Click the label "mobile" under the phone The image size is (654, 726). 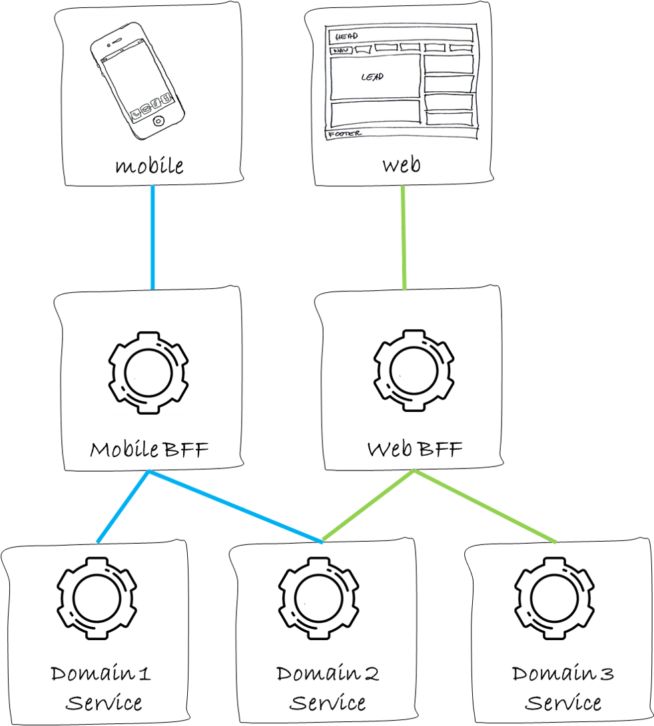pos(149,165)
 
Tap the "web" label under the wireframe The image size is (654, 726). pos(402,165)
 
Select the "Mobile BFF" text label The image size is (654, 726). pos(149,449)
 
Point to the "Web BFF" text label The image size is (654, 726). pos(415,449)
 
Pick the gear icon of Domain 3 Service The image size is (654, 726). pos(515,599)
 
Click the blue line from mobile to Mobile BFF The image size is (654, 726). pos(153,238)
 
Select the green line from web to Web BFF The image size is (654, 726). pos(404,238)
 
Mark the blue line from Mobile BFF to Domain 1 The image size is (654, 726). pos(123,506)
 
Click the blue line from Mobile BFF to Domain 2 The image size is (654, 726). pos(235,506)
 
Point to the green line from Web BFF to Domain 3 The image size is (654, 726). pos(485,506)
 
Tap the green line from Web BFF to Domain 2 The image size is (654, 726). pos(368,505)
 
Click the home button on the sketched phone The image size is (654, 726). pos(159,121)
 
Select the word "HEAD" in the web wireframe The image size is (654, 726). pos(347,36)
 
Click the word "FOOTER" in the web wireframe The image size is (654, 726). pos(345,134)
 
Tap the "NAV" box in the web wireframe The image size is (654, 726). pos(341,50)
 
